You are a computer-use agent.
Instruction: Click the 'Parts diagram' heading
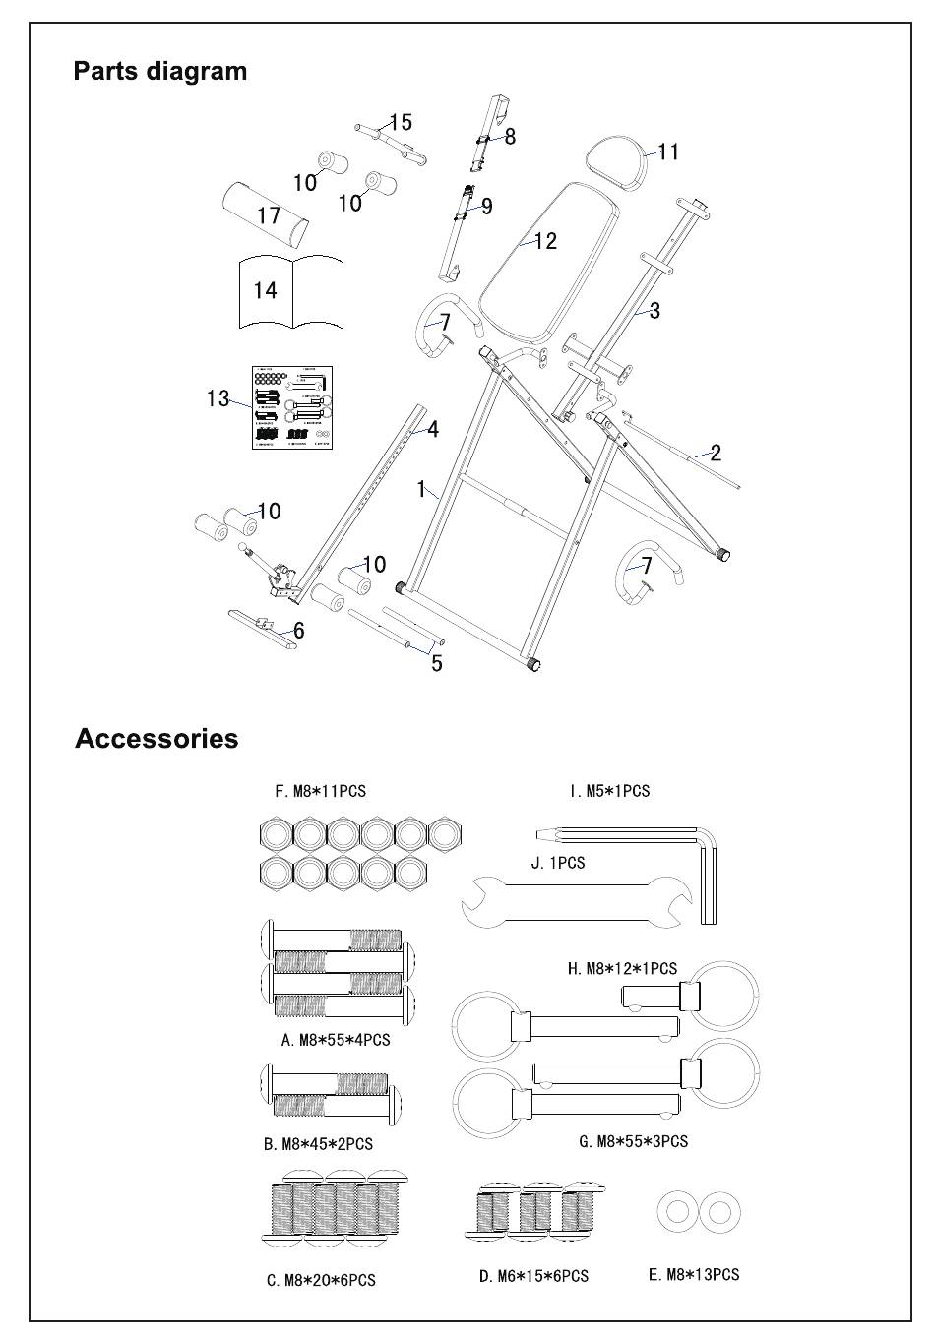(x=160, y=71)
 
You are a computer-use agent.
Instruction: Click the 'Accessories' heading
(x=156, y=739)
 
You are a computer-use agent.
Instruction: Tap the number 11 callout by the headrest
(x=668, y=152)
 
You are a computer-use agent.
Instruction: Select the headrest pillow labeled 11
(x=616, y=160)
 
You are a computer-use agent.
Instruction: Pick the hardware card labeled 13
(x=291, y=406)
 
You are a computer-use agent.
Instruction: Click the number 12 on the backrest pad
(x=545, y=240)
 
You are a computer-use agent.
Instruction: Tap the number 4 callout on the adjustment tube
(x=432, y=429)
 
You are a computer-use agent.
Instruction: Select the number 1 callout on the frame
(x=420, y=488)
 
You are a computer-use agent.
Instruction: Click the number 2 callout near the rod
(x=716, y=453)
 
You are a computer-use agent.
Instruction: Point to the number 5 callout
(x=436, y=663)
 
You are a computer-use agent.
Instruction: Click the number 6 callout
(x=298, y=631)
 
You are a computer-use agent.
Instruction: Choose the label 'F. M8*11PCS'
(x=320, y=791)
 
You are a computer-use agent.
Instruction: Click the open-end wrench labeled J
(x=577, y=897)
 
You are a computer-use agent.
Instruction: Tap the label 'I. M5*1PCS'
(x=609, y=791)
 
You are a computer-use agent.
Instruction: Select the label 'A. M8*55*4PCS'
(x=335, y=1040)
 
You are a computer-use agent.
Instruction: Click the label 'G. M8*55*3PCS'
(x=633, y=1141)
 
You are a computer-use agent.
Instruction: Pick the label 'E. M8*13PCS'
(x=693, y=1275)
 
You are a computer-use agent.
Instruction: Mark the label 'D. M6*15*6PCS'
(x=533, y=1276)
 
